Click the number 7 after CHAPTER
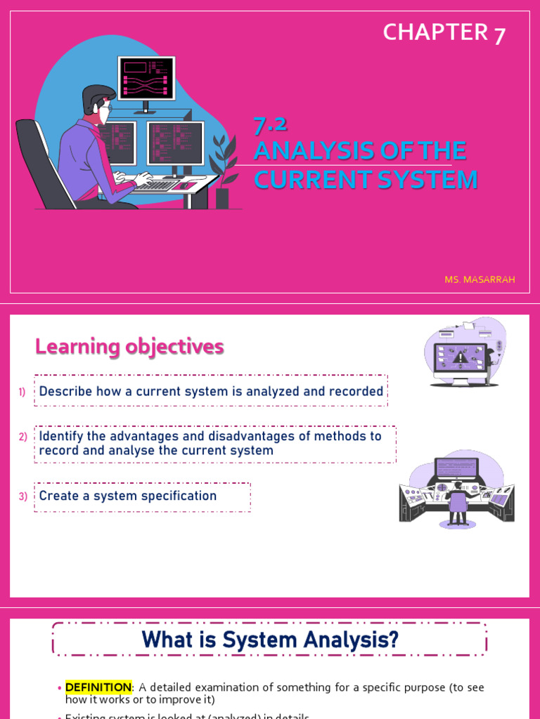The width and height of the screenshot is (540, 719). (x=499, y=34)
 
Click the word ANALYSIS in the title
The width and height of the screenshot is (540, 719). (x=309, y=151)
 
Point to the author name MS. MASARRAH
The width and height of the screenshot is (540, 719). (x=480, y=279)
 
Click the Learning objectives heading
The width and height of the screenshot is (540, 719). (x=129, y=346)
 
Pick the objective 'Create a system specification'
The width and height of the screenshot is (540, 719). (x=128, y=496)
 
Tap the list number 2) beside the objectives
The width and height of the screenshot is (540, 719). (x=23, y=437)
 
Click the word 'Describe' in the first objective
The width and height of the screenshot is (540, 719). (x=66, y=392)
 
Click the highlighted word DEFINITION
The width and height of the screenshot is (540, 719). (x=98, y=687)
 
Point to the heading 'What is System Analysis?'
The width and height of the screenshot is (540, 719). (x=270, y=640)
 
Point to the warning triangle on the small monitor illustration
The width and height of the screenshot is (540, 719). (x=461, y=358)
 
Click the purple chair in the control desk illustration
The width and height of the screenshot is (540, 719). (x=458, y=503)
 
